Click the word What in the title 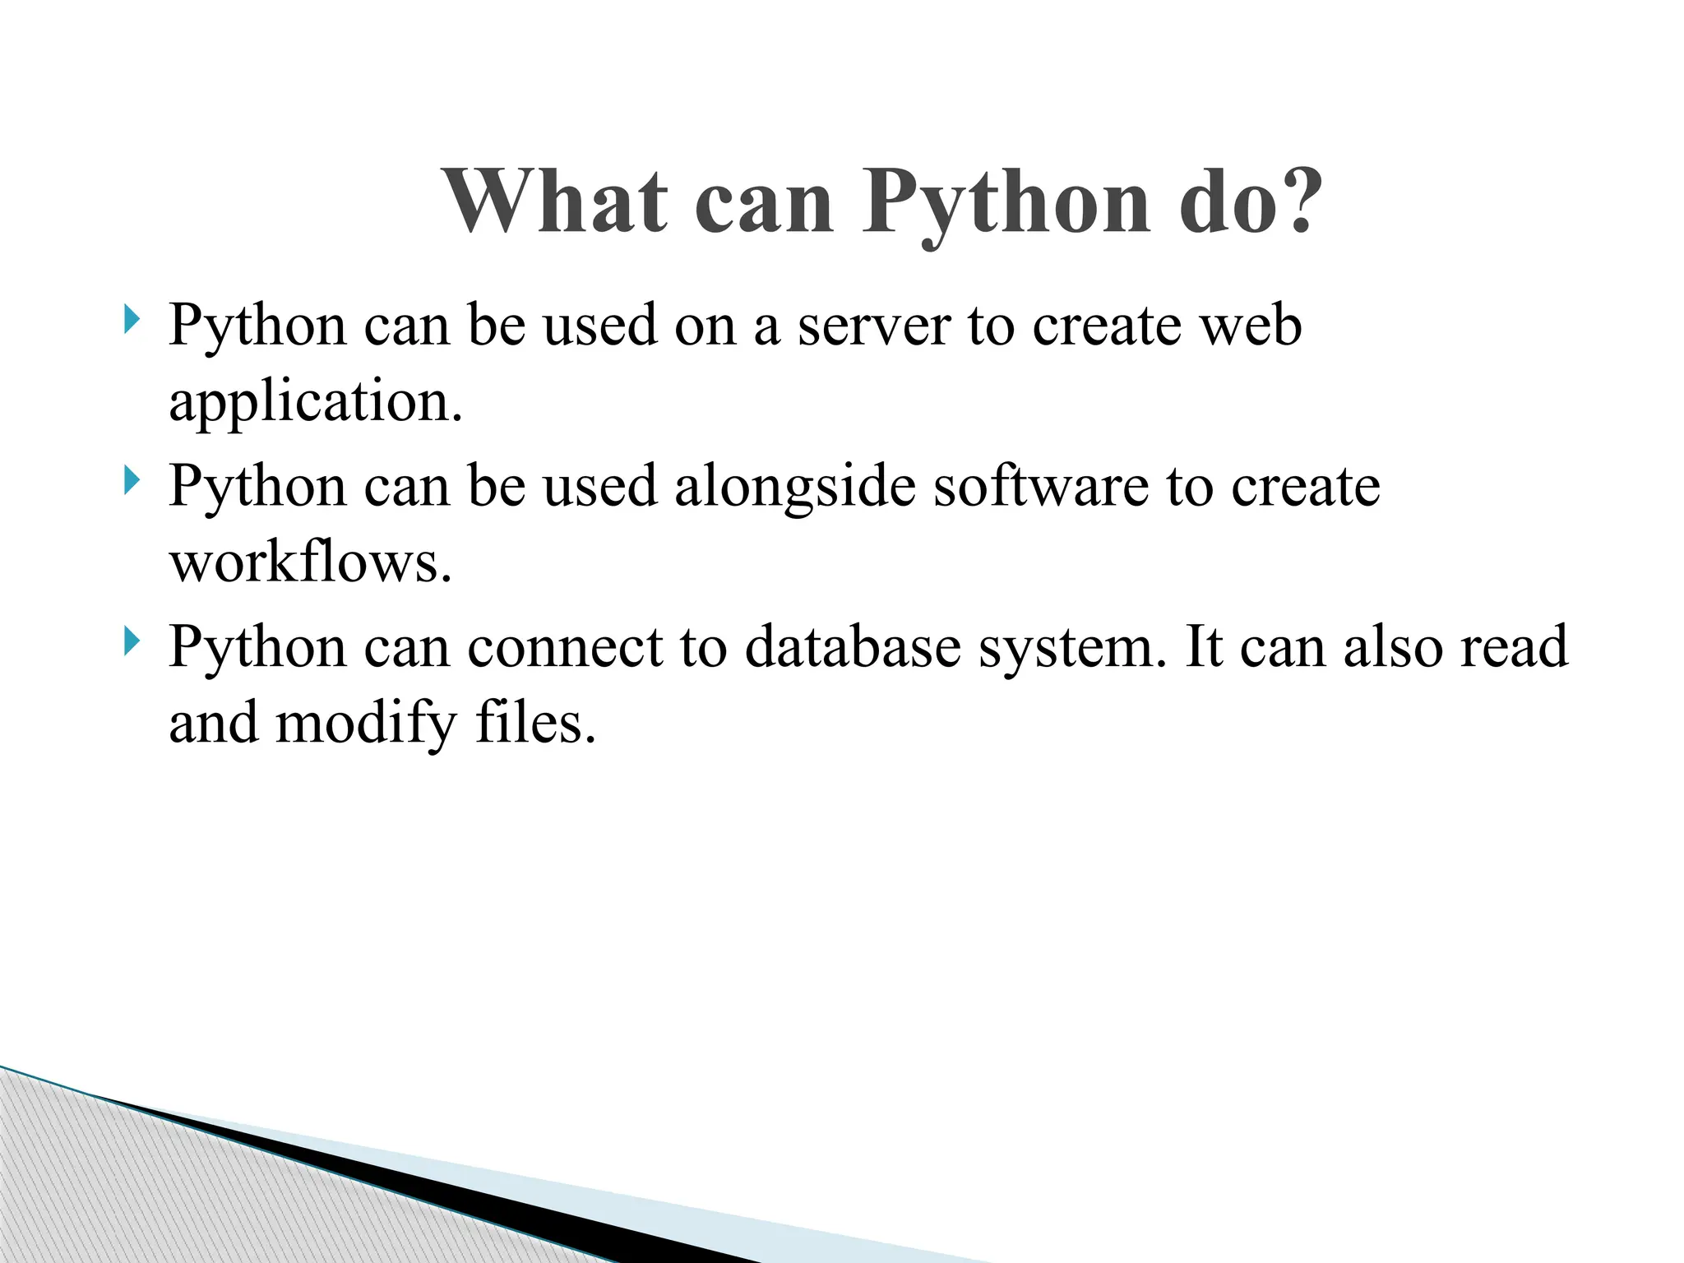coord(555,202)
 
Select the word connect coord(566,646)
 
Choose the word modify coord(366,724)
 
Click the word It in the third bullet coord(1204,646)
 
